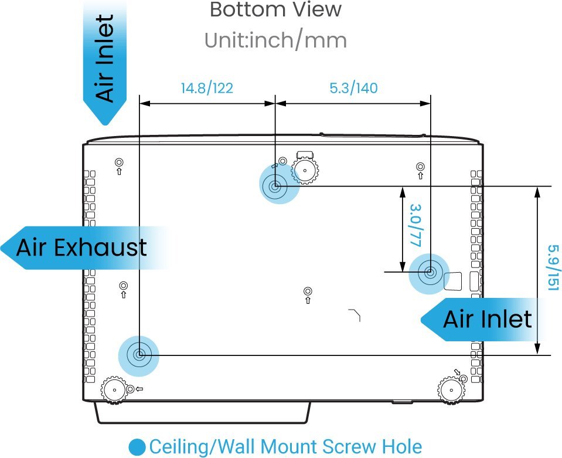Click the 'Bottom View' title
tap(275, 9)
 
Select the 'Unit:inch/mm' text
tap(275, 40)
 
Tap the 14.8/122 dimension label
tap(207, 88)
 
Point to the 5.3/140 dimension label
tap(353, 88)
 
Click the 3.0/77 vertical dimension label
tap(415, 225)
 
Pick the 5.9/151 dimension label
tap(553, 267)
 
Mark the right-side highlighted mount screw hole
tap(430, 273)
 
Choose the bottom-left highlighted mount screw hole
tap(139, 355)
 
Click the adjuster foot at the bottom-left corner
tap(114, 390)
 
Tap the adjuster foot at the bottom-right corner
tap(451, 390)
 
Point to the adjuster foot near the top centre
tap(305, 171)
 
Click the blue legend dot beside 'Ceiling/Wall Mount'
tap(137, 447)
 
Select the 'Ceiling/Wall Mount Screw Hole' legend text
tap(285, 447)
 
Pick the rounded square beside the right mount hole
tap(452, 281)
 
